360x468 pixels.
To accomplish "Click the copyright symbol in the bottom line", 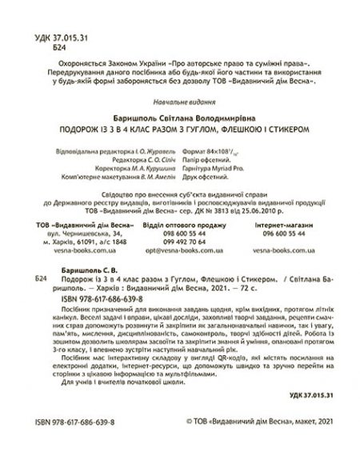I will click(x=189, y=462).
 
